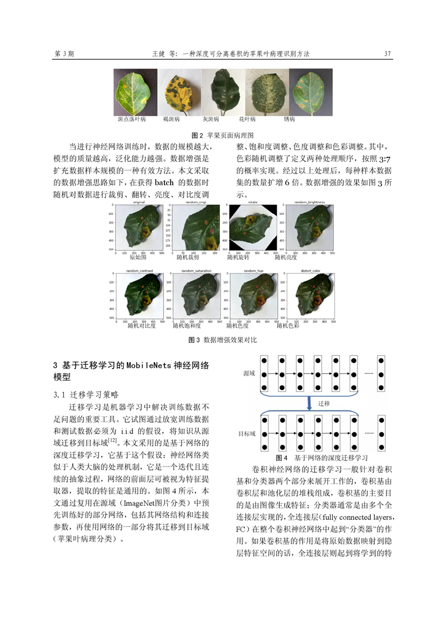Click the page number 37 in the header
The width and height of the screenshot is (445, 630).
pos(387,54)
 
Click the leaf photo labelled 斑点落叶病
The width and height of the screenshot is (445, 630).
pos(135,92)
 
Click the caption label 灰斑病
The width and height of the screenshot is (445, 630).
pos(210,120)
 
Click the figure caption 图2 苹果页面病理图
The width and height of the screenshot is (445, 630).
pos(223,135)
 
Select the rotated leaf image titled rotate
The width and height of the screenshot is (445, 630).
pos(252,228)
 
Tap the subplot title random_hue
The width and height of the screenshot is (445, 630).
pos(252,271)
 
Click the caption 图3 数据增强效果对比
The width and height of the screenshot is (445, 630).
pos(223,340)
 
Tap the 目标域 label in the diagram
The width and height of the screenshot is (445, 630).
pos(247,433)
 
